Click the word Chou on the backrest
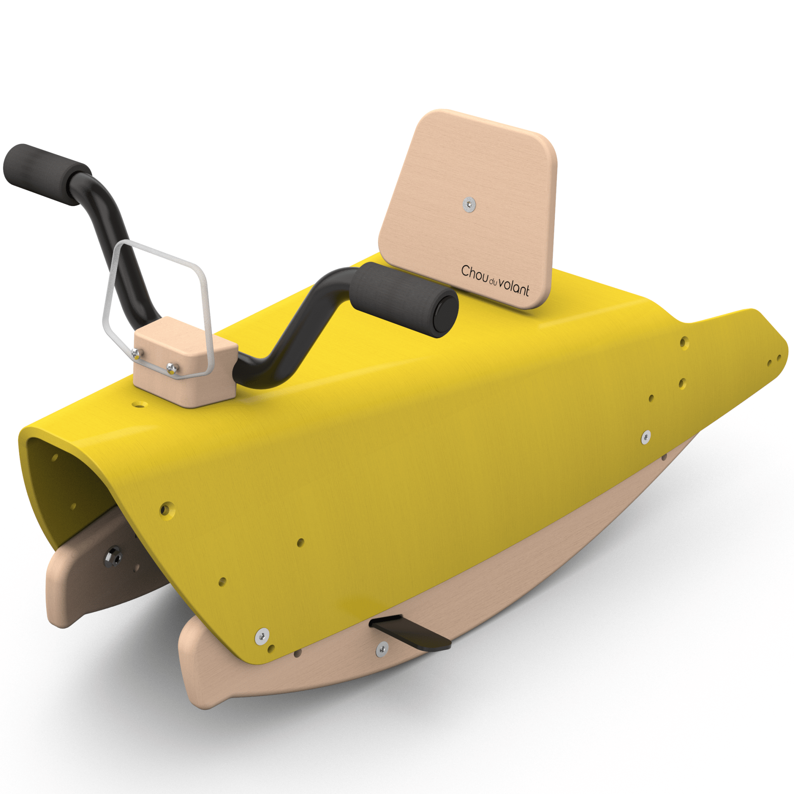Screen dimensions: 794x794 (x=474, y=273)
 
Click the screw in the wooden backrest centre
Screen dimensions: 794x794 (x=469, y=204)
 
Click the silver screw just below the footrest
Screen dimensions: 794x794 (x=382, y=649)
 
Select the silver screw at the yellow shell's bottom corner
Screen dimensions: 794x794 (x=262, y=636)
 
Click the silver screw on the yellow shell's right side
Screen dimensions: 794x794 (x=646, y=437)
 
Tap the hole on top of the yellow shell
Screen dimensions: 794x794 (x=140, y=405)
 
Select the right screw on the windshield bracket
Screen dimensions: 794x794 (x=172, y=367)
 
